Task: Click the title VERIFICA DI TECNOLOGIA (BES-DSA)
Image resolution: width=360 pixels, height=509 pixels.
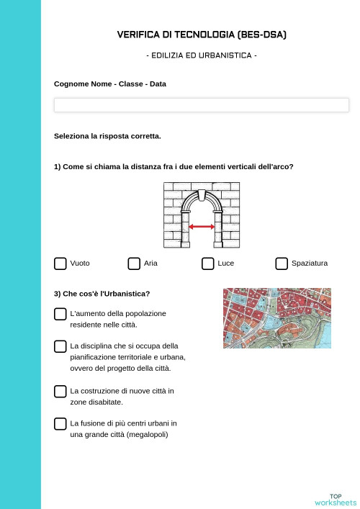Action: pos(202,35)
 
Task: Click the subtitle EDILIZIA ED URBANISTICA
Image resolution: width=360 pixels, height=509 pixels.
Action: pos(202,55)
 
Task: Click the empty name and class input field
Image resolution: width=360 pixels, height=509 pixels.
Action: pos(202,105)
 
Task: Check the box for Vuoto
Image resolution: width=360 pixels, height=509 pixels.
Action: pos(60,263)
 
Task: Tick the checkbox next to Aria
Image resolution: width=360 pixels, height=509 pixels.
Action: pos(134,263)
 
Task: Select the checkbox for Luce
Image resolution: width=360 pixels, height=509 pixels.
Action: pos(207,263)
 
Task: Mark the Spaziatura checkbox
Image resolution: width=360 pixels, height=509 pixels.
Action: pos(282,263)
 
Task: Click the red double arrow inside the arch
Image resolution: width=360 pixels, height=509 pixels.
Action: pos(202,227)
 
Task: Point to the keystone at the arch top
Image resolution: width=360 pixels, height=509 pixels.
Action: pos(202,195)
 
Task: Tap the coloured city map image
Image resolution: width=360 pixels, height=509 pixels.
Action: pos(277,318)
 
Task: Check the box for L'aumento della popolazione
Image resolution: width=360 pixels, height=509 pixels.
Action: pos(60,314)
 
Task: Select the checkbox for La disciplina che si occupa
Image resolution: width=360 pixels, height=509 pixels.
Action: pos(60,346)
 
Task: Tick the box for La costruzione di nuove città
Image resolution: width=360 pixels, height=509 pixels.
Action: pos(60,391)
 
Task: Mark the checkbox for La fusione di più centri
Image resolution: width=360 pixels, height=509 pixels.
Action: pos(60,423)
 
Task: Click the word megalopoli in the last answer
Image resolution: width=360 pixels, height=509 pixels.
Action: pos(147,434)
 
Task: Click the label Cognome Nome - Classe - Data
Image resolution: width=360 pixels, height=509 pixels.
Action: pos(109,84)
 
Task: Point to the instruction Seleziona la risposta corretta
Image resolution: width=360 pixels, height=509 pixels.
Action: pos(107,136)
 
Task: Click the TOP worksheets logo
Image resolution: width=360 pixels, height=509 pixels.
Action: pos(336,499)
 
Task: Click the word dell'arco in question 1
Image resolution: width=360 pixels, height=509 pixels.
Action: pos(275,167)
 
